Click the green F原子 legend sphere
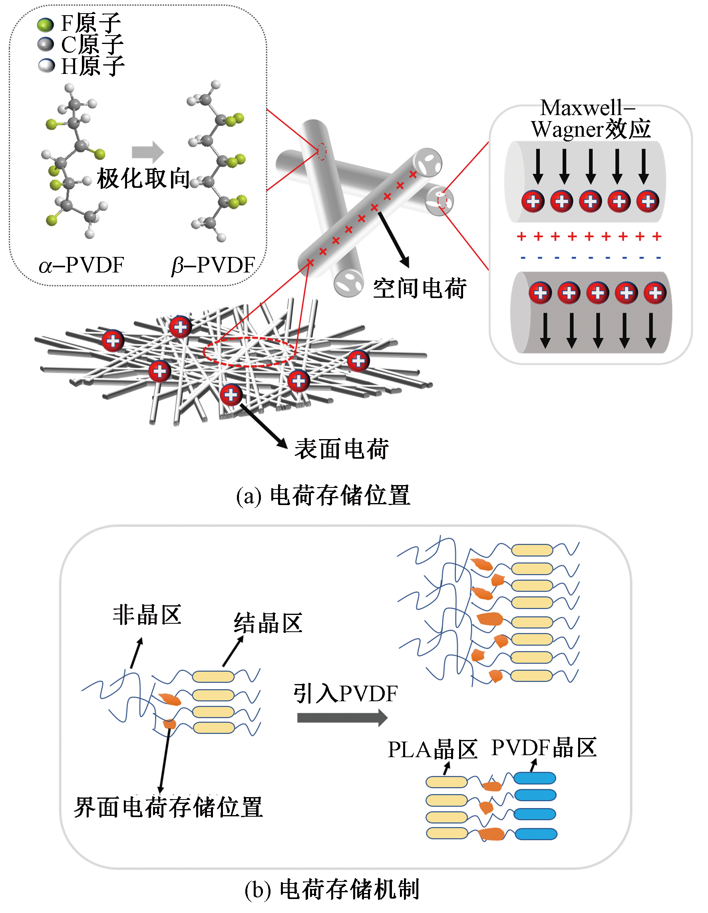point(45,24)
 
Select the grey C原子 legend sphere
point(46,44)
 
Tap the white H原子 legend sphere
point(46,65)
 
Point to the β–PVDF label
point(213,265)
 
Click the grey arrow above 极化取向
point(147,152)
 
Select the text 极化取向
point(143,179)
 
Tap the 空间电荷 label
point(419,288)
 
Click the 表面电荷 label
point(342,449)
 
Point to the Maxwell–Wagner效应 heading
point(591,118)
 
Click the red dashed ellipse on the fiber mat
point(249,352)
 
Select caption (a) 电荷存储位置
point(323,496)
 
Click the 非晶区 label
point(147,615)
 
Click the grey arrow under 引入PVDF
point(342,718)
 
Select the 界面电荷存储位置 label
point(168,807)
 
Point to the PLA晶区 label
point(432,749)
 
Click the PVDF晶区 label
point(544,748)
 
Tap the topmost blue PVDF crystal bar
point(535,778)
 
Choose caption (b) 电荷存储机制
point(332,889)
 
